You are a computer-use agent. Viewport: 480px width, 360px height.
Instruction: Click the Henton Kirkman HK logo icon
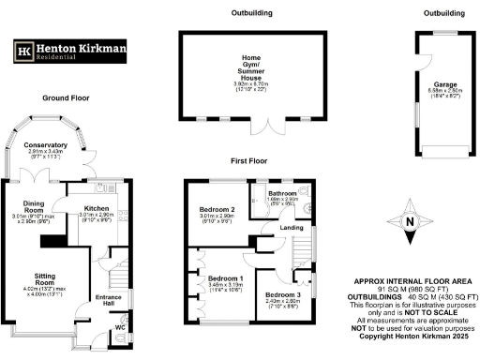pos(22,52)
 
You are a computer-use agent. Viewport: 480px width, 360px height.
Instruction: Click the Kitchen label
pos(97,208)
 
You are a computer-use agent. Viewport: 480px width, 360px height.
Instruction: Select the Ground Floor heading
pos(67,97)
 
